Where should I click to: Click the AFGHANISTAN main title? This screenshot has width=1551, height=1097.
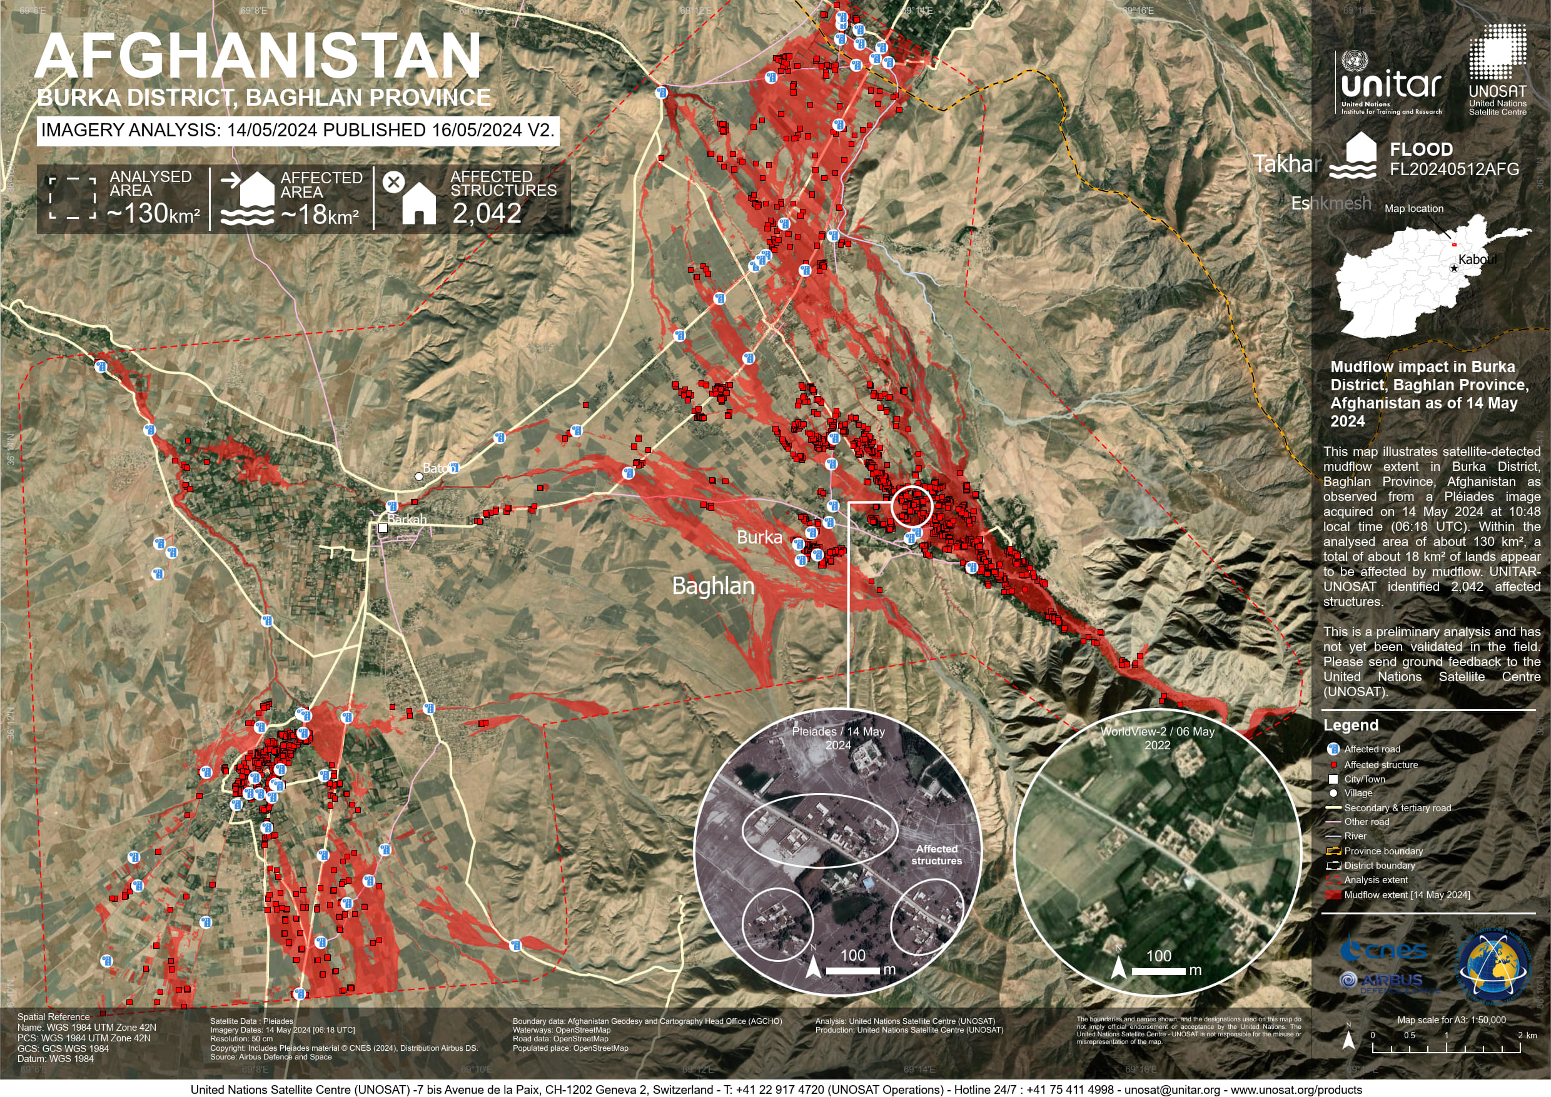[258, 57]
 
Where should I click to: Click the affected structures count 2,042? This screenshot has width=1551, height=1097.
[487, 213]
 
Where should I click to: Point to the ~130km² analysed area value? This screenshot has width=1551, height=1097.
[153, 214]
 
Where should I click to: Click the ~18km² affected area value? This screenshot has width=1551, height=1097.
[320, 215]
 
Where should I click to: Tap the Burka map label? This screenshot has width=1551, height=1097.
[759, 538]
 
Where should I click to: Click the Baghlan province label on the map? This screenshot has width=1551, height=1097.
[713, 585]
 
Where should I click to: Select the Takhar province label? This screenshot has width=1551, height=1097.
[1287, 164]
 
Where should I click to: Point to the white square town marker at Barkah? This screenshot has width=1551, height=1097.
[383, 528]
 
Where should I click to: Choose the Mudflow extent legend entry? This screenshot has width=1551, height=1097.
[1407, 895]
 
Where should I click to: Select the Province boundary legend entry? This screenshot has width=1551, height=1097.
[1383, 851]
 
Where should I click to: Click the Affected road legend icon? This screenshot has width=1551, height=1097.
[1333, 749]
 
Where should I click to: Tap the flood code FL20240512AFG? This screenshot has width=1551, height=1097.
[1453, 169]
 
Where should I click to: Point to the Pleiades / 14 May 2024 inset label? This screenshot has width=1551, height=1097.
[837, 738]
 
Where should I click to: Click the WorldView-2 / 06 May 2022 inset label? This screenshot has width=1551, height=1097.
[1157, 738]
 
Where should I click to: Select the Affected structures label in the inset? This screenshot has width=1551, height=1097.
[936, 854]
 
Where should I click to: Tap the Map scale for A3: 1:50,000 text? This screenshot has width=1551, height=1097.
[1451, 1020]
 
